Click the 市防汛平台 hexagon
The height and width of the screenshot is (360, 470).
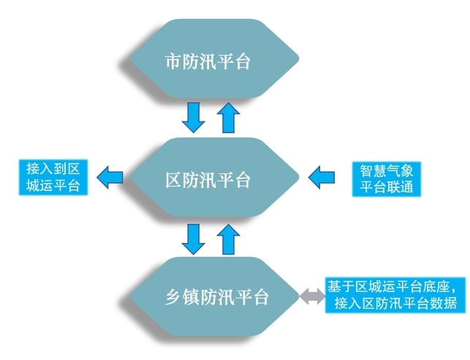214,59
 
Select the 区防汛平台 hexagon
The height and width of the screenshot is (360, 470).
214,177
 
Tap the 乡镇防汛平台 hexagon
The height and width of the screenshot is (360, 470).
214,296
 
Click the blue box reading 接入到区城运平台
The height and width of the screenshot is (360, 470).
53,177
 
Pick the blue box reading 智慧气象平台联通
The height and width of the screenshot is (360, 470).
387,179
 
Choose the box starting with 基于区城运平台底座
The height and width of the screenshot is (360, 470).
395,295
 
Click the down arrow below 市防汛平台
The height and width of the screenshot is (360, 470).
193,118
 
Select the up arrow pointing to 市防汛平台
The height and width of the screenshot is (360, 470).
228,118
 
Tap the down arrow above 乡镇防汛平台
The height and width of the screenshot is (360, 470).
193,239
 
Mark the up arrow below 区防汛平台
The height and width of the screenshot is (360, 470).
228,239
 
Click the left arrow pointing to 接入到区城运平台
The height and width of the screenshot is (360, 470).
110,177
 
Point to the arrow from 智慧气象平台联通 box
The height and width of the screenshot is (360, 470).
322,177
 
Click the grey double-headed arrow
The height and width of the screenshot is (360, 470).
312,296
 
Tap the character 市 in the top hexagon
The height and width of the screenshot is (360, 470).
173,61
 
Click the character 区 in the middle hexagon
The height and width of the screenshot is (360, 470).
173,180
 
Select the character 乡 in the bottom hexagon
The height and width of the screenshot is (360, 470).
173,298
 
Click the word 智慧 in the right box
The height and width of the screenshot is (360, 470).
374,171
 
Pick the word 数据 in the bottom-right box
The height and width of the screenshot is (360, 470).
444,303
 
